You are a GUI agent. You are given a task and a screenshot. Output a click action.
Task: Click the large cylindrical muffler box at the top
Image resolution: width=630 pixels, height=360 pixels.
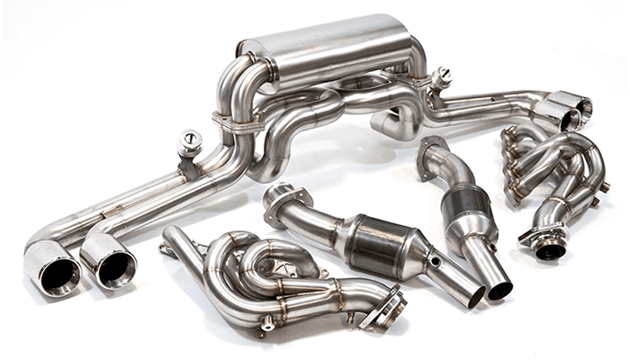pyautogui.click(x=324, y=49)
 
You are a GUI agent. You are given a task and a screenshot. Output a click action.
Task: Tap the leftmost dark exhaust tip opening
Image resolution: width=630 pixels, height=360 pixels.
pyautogui.click(x=53, y=267)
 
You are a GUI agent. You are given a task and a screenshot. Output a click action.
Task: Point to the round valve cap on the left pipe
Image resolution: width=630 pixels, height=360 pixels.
pyautogui.click(x=191, y=139)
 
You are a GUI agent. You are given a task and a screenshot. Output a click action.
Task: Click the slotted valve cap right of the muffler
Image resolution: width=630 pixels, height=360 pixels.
pyautogui.click(x=441, y=75)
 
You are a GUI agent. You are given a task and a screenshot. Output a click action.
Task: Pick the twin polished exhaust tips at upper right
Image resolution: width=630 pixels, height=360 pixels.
pyautogui.click(x=562, y=110)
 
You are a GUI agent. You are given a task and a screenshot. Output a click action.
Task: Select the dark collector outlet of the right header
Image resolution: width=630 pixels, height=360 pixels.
pyautogui.click(x=548, y=250)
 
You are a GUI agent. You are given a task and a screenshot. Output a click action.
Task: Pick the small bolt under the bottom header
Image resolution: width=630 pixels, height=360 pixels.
pyautogui.click(x=267, y=325)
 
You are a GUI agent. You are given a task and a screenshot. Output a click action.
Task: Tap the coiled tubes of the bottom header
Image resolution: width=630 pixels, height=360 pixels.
pyautogui.click(x=270, y=270)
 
